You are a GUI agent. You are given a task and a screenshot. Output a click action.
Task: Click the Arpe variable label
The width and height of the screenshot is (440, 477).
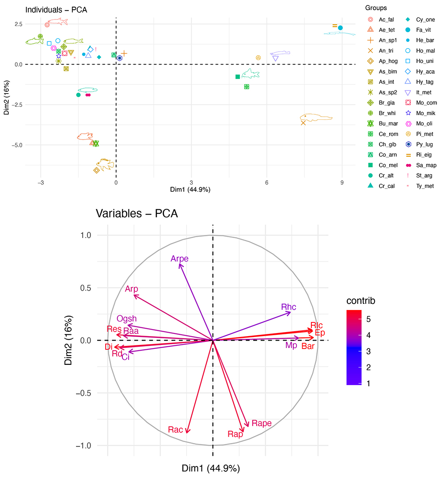coord(180,259)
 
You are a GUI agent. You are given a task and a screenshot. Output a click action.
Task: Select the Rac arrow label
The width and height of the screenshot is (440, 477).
coord(175,429)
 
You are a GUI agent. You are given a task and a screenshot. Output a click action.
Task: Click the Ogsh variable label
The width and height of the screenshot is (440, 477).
coord(127,318)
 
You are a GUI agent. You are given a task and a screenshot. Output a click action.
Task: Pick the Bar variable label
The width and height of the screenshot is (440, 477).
coord(308,347)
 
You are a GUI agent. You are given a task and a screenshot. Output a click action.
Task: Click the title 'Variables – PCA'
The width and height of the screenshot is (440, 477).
coord(137,214)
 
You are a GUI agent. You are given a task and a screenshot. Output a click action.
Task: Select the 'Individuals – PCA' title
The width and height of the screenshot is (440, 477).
coord(49,9)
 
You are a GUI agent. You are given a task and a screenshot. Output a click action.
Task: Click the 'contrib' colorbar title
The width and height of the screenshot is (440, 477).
coord(360,301)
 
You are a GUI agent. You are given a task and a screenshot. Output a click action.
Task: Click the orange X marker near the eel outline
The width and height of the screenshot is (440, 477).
coord(303,122)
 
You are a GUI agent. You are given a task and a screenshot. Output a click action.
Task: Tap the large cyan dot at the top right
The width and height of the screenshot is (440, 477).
coord(341,28)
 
